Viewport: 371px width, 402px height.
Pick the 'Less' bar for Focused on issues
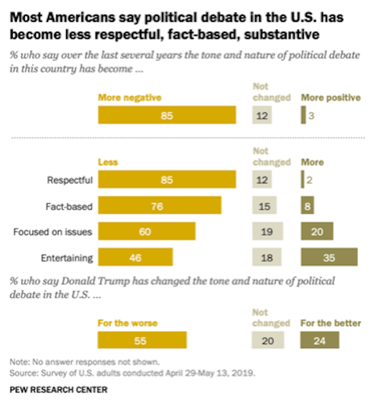point(146,231)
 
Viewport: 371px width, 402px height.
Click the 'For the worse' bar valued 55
point(142,341)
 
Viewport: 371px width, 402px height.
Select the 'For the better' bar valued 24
point(319,341)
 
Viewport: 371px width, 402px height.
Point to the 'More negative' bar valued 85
point(166,115)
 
